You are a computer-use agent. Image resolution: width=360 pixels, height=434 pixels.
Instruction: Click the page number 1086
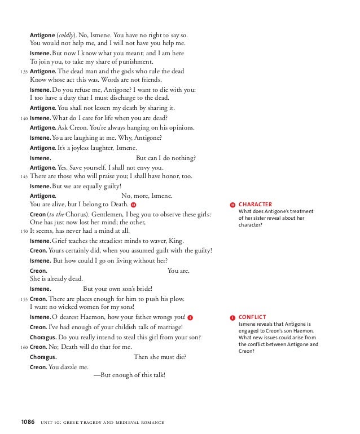pyautogui.click(x=28, y=421)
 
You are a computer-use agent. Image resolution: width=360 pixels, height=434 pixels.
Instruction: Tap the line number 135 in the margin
pyautogui.click(x=23, y=72)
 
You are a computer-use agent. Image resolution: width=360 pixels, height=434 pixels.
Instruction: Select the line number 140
pyautogui.click(x=23, y=118)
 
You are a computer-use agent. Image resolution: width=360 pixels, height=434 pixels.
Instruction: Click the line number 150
pyautogui.click(x=23, y=231)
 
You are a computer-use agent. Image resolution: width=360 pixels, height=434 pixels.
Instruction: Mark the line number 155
pyautogui.click(x=23, y=299)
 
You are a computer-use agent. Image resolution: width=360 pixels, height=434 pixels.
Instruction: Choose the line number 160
pyautogui.click(x=23, y=347)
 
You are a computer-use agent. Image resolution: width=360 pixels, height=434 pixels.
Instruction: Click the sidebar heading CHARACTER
pyautogui.click(x=255, y=205)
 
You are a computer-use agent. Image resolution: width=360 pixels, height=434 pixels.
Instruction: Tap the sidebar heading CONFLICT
pyautogui.click(x=252, y=317)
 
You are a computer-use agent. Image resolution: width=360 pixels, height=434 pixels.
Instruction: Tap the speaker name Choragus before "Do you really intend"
pyautogui.click(x=43, y=337)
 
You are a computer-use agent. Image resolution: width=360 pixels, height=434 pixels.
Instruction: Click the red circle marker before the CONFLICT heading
pyautogui.click(x=232, y=318)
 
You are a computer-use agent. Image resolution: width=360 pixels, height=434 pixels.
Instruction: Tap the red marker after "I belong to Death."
pyautogui.click(x=133, y=205)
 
